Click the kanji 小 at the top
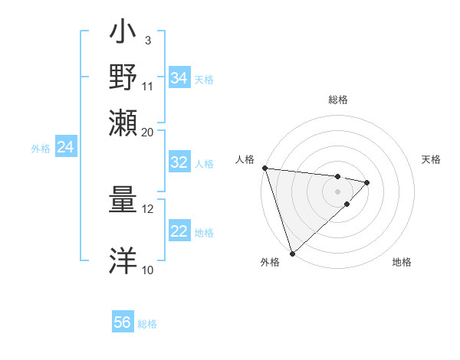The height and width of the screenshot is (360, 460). tap(123, 34)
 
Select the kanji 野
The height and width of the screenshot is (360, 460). tap(123, 77)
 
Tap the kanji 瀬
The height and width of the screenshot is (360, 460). tap(123, 123)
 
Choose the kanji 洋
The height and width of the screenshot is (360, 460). tap(123, 260)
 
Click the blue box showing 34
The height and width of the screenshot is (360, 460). tap(179, 78)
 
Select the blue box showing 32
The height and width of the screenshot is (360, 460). tap(179, 162)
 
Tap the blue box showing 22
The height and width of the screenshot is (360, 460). tap(179, 231)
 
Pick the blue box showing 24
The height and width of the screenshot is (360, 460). tap(65, 147)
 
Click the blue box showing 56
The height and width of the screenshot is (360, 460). tap(123, 322)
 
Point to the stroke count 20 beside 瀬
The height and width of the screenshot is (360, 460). tap(148, 132)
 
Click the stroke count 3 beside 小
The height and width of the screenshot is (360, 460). tap(147, 40)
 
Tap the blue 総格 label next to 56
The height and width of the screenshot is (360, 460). tap(147, 324)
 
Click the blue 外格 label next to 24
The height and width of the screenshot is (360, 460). tap(40, 149)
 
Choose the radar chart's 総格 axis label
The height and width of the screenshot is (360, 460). tap(338, 100)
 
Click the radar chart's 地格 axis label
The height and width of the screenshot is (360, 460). tap(402, 262)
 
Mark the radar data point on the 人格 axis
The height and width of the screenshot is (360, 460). tap(264, 168)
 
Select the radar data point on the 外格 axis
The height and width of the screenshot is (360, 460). tap(292, 253)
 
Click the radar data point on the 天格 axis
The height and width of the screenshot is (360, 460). tap(367, 182)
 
